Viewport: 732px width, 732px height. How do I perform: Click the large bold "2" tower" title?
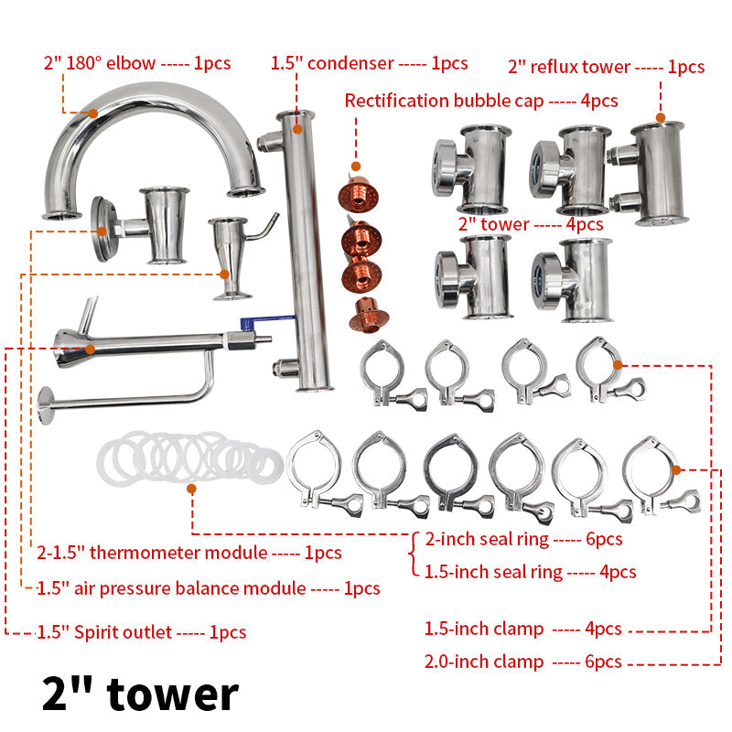click(140, 693)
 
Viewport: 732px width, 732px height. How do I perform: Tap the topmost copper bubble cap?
click(360, 190)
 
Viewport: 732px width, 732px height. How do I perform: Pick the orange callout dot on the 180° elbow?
click(93, 113)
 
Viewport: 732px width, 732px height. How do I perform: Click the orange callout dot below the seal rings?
click(191, 489)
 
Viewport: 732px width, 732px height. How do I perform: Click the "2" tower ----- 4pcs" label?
click(530, 224)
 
